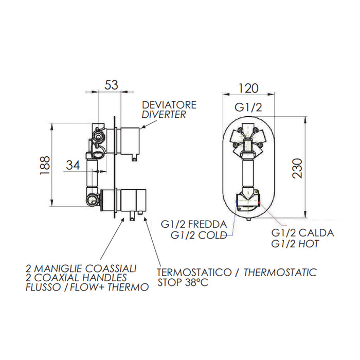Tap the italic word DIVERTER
coord(164,115)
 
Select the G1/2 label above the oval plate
coord(248,107)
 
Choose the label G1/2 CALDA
coord(303,233)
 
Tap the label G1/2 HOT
coord(295,243)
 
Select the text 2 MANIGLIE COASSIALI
coord(81,268)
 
